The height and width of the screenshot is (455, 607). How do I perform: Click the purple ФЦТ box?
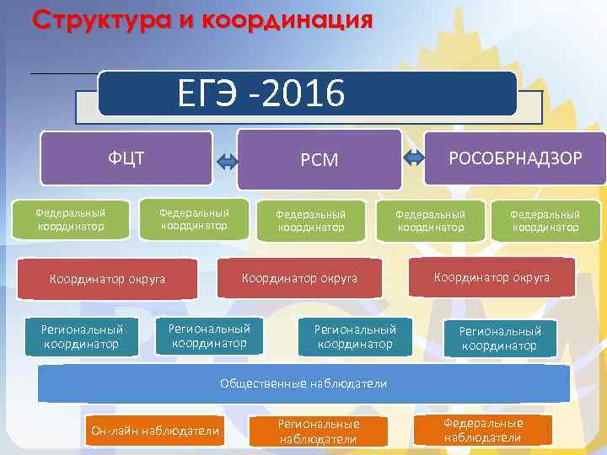coord(126,157)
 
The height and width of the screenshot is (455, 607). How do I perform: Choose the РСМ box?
coord(320,159)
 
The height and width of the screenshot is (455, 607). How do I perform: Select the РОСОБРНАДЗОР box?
coord(515,158)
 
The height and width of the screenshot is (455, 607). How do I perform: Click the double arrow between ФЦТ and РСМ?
coord(227,161)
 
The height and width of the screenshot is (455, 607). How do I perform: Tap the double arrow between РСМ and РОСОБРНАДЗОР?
coord(414,156)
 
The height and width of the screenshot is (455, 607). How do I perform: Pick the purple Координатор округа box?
coord(108,278)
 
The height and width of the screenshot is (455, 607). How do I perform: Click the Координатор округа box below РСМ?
coord(299,277)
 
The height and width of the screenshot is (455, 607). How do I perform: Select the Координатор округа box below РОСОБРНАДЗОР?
coord(492,277)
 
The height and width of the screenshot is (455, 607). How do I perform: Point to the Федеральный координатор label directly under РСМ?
coord(311,221)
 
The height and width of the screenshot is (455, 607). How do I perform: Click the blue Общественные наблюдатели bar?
coord(303,383)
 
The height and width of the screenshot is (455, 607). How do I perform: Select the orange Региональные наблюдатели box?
coord(319,431)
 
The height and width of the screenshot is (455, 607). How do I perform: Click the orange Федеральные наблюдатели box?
coord(483,430)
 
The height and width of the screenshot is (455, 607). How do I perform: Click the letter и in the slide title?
coord(184,19)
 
